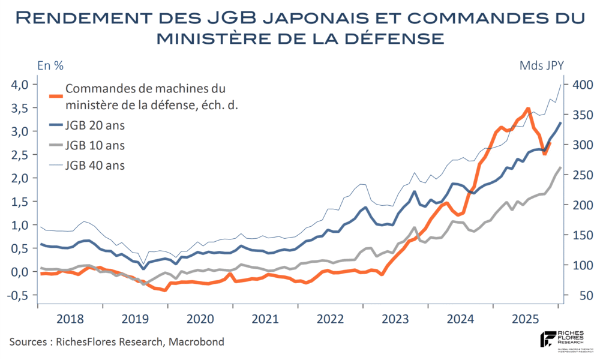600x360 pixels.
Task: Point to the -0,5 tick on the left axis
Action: tap(18, 295)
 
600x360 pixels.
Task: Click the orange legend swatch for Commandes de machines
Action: tap(55, 95)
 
